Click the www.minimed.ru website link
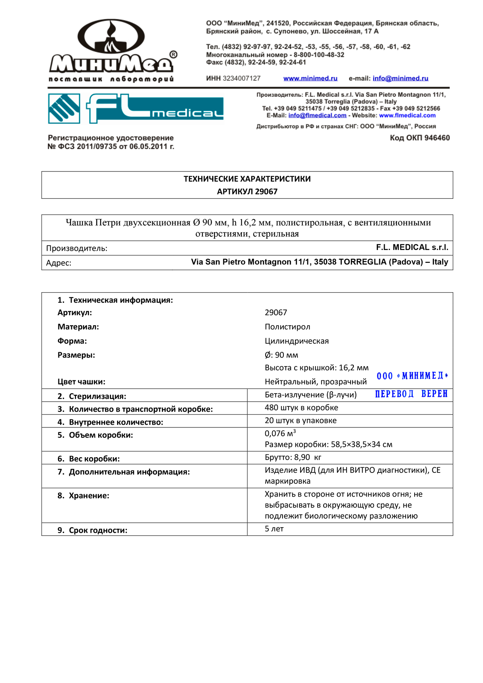pos(310,78)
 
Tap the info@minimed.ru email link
pos(400,78)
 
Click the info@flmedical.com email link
pos(317,116)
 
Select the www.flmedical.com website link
pos(407,116)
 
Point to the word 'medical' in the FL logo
pos(187,113)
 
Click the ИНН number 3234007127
pos(242,78)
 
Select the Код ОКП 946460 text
pos(419,138)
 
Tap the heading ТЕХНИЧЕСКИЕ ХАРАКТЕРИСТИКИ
pos(247,179)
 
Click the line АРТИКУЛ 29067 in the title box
pos(247,192)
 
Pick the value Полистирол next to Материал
pos(287,327)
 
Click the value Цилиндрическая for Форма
pos(297,341)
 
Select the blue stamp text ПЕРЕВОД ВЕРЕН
pos(411,394)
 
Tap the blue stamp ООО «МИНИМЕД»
pos(412,376)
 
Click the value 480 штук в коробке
pos(301,408)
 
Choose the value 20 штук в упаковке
pos(301,421)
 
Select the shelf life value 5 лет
pos(274,529)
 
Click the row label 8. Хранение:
pos(83,496)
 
